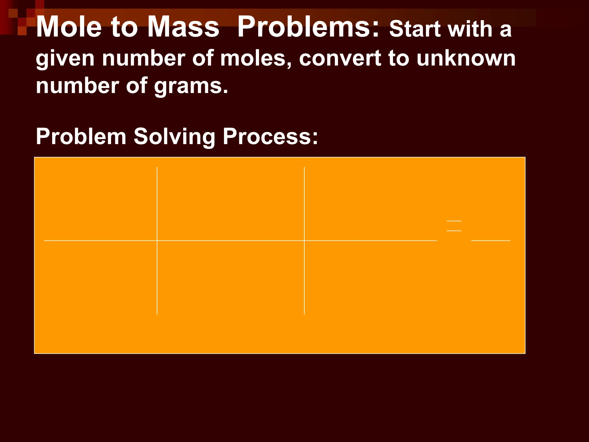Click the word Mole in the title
[x=69, y=27]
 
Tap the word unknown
[x=466, y=58]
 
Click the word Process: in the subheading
[x=270, y=136]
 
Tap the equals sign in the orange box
[x=454, y=226]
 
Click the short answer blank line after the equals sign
[x=491, y=240]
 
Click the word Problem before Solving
[x=81, y=136]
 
